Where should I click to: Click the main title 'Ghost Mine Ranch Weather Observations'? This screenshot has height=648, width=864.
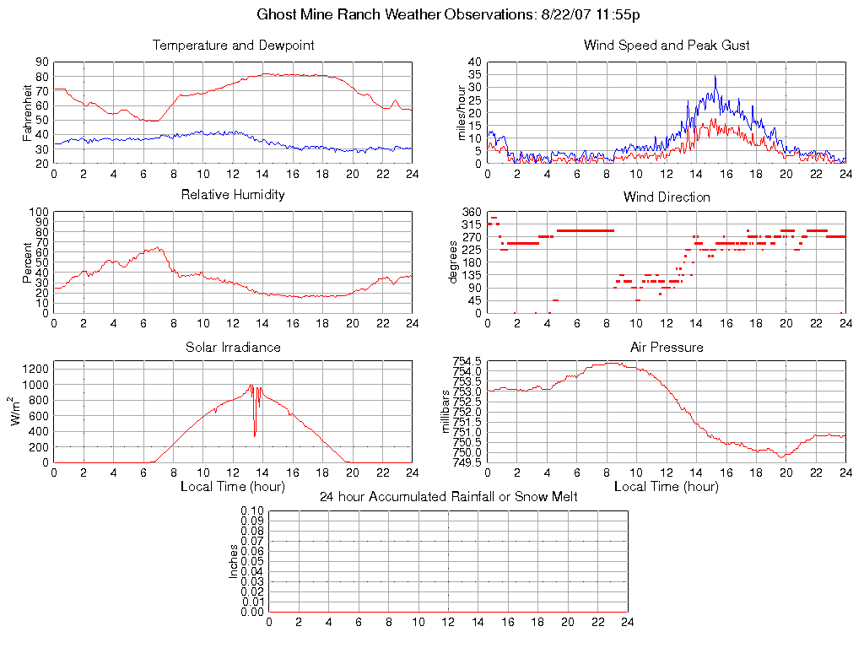point(447,14)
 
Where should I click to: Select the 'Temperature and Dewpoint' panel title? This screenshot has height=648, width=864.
point(233,46)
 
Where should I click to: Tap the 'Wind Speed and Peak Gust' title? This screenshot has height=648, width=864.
point(667,46)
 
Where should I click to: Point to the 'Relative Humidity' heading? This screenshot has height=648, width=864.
point(233,195)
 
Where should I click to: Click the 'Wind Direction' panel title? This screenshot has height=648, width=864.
point(667,197)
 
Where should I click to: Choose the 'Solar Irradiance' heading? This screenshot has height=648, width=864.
point(233,347)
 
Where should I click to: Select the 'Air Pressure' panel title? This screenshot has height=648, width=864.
point(667,347)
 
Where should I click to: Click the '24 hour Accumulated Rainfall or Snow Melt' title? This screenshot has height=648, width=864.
point(448,496)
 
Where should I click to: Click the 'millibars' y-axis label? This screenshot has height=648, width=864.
point(447,412)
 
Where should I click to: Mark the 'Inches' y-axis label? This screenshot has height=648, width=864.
point(234,561)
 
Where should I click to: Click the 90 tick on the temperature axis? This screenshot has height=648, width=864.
point(41,62)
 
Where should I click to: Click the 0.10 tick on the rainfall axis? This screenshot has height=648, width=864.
point(252,511)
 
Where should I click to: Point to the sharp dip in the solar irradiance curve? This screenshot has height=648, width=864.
point(255,435)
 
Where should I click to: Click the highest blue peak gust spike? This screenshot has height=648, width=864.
point(715,77)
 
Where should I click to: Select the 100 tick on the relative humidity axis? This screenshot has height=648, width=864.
point(39,212)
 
